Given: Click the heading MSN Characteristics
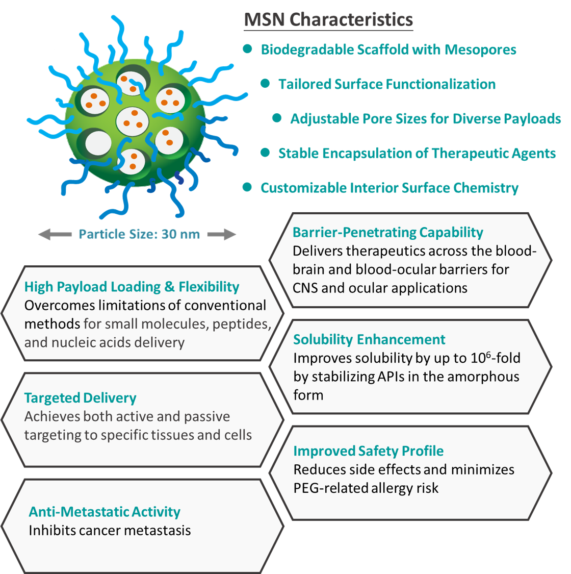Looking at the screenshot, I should coord(328,20).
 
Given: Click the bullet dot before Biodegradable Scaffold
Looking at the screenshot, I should coord(248,49).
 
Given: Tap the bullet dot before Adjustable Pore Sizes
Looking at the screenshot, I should coord(277,118).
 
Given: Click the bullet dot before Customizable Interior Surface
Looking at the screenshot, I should coord(248,187).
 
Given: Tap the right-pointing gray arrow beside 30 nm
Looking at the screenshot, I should coord(222,234).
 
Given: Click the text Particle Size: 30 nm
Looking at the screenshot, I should coord(139,234).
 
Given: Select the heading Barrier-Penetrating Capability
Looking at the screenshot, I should coord(387,233).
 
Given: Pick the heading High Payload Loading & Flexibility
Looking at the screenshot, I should coord(132,287).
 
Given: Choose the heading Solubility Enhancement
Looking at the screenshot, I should coord(369,340).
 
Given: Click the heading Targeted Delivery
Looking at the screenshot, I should coord(80,398).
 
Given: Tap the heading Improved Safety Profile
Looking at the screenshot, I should coord(368,451).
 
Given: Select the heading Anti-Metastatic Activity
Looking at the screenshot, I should coord(105,512).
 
